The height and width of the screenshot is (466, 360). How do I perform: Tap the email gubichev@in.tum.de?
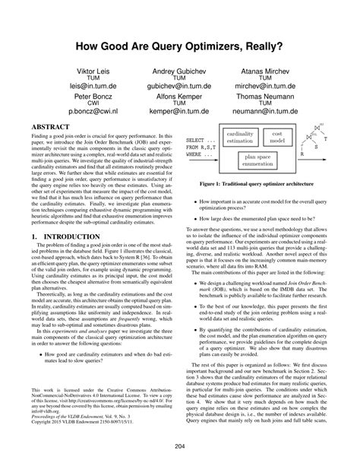[x=180, y=87]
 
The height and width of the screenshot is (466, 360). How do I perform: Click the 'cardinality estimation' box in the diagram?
[x=241, y=137]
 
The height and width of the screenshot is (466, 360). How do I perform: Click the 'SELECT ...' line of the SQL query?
[x=201, y=141]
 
